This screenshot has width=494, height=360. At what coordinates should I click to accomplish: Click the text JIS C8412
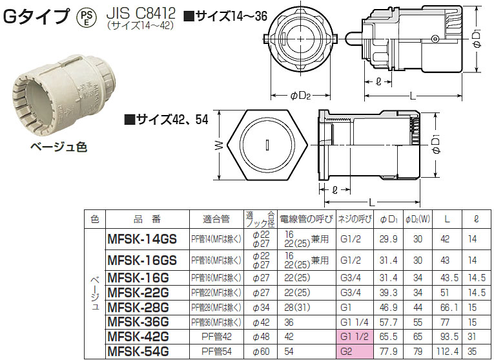pos(141,13)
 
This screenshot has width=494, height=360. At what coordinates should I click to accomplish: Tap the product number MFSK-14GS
pos(142,239)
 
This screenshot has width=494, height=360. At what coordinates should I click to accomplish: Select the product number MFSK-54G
pos(138,351)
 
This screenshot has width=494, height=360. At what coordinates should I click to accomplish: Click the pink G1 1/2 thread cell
pos(355,336)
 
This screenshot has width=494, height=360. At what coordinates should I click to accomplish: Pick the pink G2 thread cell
pos(355,351)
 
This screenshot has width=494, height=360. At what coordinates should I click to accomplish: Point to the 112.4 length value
pos(448,351)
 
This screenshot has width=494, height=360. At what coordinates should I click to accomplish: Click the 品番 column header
pos(147,219)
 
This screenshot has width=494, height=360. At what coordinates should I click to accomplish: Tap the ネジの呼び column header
pos(355,219)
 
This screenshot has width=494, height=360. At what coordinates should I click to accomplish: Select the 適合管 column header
pos(216,219)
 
